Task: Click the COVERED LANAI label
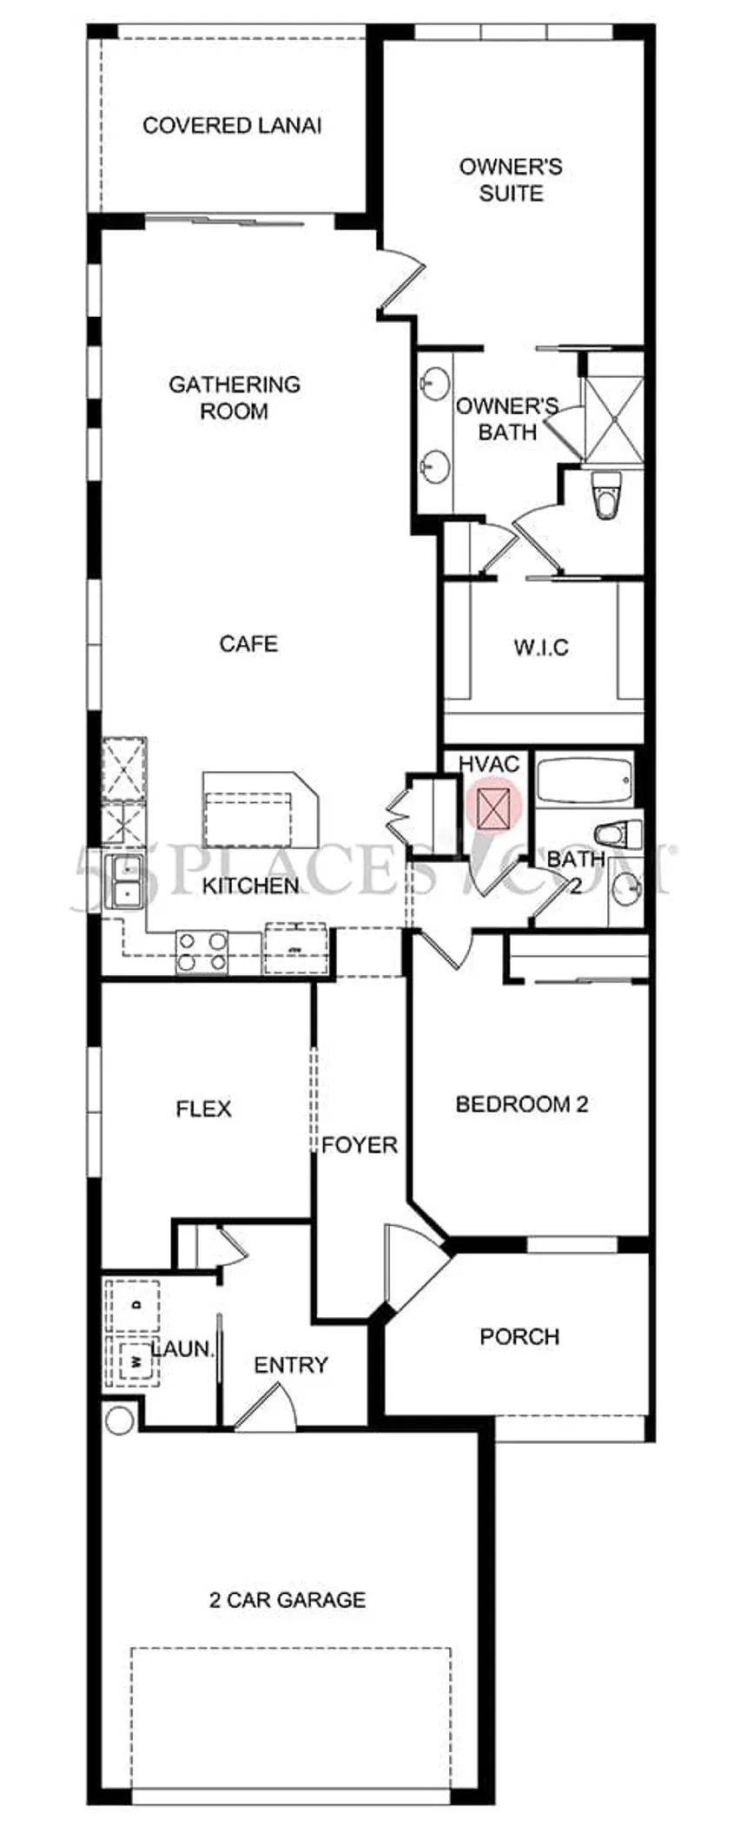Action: (232, 126)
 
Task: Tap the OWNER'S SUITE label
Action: (511, 180)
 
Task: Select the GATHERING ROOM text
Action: (234, 397)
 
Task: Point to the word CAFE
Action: (248, 643)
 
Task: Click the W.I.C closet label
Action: (541, 648)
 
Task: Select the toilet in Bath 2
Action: (615, 834)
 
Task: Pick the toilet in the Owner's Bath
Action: (605, 496)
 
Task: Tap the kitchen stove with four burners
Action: (202, 952)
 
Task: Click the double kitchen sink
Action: (123, 881)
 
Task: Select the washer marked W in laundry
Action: (133, 1361)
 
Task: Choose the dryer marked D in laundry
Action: (133, 1306)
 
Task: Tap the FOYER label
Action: (359, 1145)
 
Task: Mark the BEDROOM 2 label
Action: (522, 1104)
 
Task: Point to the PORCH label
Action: (519, 1336)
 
